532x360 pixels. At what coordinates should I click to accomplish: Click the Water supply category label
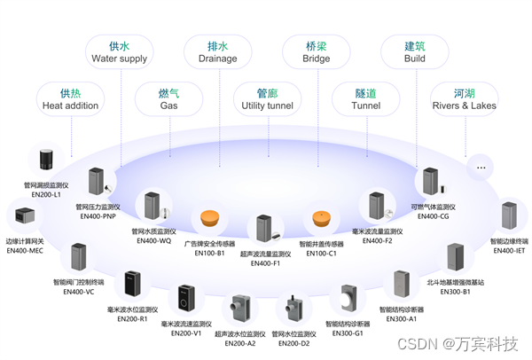click(x=120, y=52)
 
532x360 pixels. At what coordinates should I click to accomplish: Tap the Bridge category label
click(x=317, y=52)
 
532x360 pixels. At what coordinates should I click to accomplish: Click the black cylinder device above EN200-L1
click(x=46, y=161)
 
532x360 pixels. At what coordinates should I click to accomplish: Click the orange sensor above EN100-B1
click(x=209, y=217)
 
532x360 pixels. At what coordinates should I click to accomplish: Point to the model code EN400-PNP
click(x=98, y=215)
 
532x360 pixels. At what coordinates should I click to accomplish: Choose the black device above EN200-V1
click(x=185, y=297)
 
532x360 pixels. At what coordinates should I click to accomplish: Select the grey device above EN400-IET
click(x=509, y=217)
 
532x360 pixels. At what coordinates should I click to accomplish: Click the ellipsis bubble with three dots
click(x=481, y=166)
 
